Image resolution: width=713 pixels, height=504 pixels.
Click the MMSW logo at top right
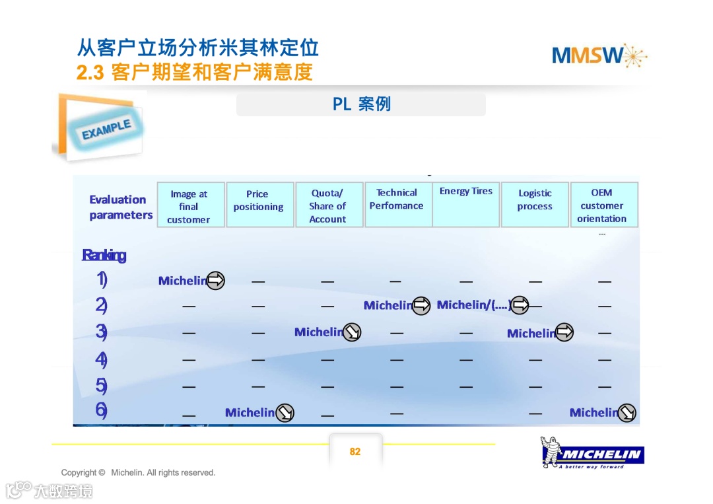(599, 55)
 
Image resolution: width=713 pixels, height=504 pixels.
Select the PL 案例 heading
(361, 104)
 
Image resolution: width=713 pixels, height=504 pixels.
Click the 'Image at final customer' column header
(190, 206)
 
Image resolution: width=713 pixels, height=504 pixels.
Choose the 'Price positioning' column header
(259, 201)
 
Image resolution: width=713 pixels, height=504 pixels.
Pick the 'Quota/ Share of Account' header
(328, 206)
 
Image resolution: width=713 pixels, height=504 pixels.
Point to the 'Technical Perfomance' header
(397, 199)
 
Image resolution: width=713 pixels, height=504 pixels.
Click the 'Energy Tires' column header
(466, 192)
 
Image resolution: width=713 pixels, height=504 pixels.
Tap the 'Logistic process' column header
(535, 200)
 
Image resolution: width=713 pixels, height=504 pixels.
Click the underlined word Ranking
(104, 256)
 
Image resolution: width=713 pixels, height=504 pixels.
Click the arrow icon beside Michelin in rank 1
(216, 281)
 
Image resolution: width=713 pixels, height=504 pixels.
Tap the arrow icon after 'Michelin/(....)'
(520, 305)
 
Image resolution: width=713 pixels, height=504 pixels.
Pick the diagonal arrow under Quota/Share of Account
(353, 332)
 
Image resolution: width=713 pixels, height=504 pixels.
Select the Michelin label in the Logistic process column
(531, 334)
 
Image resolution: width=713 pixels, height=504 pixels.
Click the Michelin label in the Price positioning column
(250, 413)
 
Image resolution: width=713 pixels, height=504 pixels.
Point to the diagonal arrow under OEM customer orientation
(627, 413)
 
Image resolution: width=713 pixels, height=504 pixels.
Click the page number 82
(355, 452)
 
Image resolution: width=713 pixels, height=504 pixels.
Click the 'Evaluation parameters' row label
(121, 207)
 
